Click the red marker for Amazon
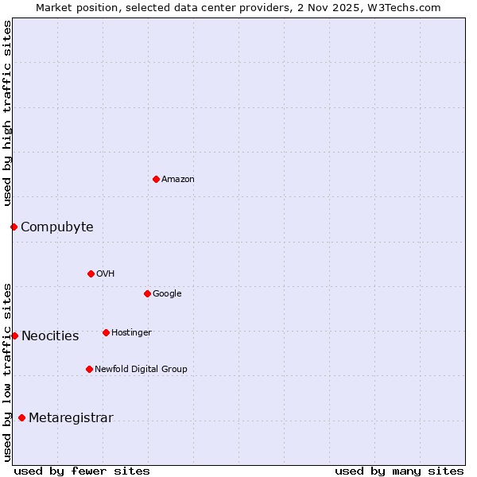[x=156, y=179]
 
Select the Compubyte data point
[x=14, y=227]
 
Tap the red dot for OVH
[x=91, y=273]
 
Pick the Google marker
[x=147, y=293]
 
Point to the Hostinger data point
[x=106, y=332]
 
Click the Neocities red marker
[x=14, y=335]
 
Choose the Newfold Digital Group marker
[x=89, y=369]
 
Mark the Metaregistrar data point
[x=21, y=417]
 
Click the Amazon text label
[x=178, y=180]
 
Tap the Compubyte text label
[x=57, y=227]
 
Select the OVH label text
[x=106, y=274]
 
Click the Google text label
[x=167, y=294]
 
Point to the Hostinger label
[x=131, y=333]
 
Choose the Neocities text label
[x=50, y=336]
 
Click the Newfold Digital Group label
[x=141, y=370]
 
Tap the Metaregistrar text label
[x=71, y=418]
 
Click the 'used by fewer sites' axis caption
[x=82, y=471]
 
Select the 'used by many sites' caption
[x=399, y=471]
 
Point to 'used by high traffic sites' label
[x=7, y=113]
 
